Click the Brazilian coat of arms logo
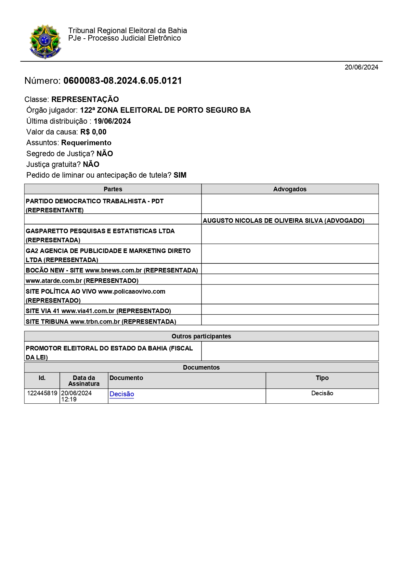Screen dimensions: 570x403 [x=45, y=41]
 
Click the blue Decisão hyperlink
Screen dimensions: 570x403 [x=122, y=394]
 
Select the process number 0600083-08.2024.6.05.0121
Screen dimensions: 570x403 [x=123, y=81]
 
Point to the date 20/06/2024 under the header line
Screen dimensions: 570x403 [x=361, y=67]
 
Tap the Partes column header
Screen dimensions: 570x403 [x=113, y=189]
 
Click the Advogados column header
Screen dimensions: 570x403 [x=290, y=189]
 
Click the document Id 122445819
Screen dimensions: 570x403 [x=42, y=393]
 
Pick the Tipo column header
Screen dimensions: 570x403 [x=322, y=378]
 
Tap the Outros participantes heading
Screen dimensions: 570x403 [x=201, y=336]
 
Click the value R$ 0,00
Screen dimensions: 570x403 [x=93, y=132]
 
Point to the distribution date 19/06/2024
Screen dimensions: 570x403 [x=112, y=121]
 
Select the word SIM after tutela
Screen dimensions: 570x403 [x=180, y=175]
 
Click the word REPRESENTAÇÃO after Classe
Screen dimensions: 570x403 [x=85, y=99]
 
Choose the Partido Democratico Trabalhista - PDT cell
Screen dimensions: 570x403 [x=94, y=205]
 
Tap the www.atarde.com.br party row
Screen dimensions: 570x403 [x=82, y=281]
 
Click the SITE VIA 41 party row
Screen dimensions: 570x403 [x=98, y=311]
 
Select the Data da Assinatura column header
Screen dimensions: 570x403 [x=84, y=381]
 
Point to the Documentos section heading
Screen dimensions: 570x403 [x=201, y=367]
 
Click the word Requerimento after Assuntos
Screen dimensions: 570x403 [x=86, y=143]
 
